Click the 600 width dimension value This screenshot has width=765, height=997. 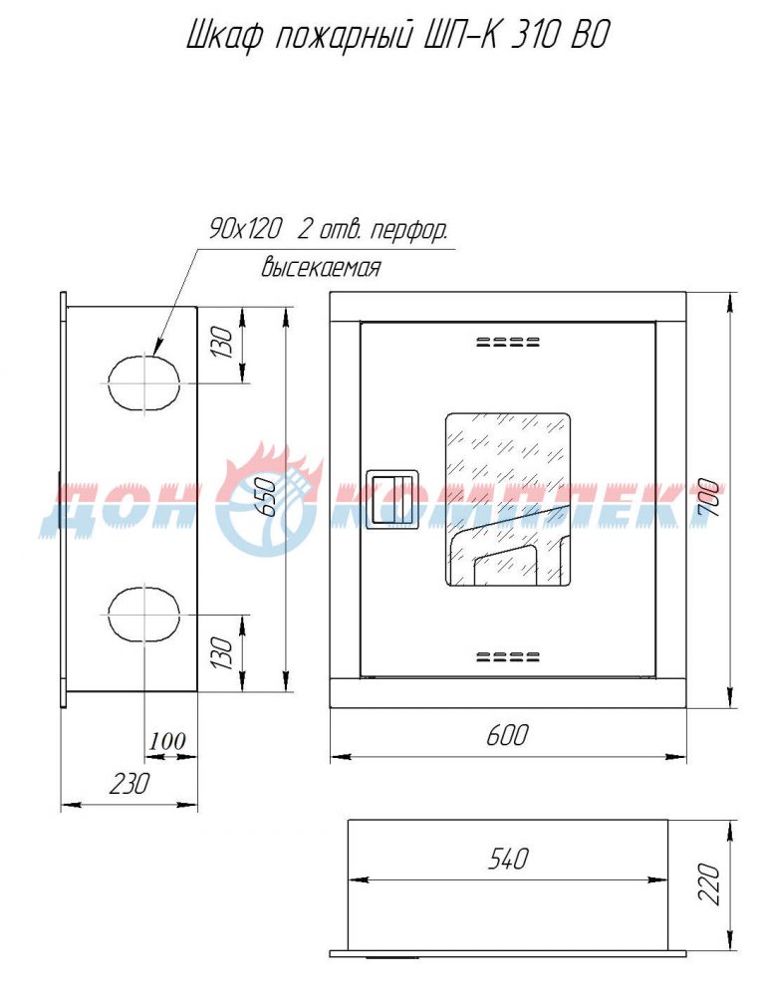click(x=507, y=736)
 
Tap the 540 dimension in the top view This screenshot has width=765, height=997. click(x=508, y=859)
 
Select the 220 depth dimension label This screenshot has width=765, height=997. click(x=709, y=883)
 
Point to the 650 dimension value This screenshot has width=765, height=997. click(x=268, y=497)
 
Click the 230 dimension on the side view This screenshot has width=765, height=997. click(x=129, y=783)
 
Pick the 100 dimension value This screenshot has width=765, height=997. click(x=168, y=741)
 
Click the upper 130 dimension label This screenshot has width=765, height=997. click(x=223, y=342)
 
